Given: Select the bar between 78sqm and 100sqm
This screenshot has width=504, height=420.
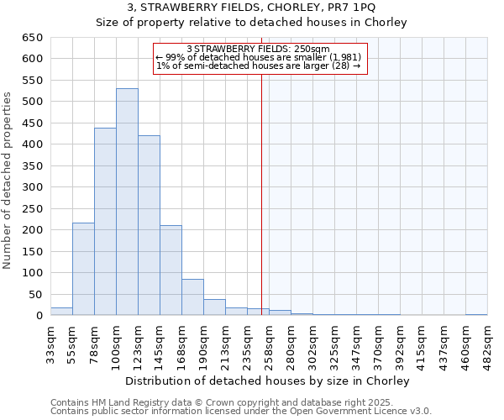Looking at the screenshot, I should pyautogui.click(x=105, y=222).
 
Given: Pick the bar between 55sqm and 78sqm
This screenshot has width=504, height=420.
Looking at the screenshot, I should pyautogui.click(x=83, y=269).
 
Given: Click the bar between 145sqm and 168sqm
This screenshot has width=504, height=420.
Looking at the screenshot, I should pyautogui.click(x=171, y=270).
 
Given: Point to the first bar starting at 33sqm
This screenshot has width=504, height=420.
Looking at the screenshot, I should pyautogui.click(x=61, y=312).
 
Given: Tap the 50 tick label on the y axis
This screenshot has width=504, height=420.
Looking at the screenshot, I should pyautogui.click(x=34, y=295).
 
